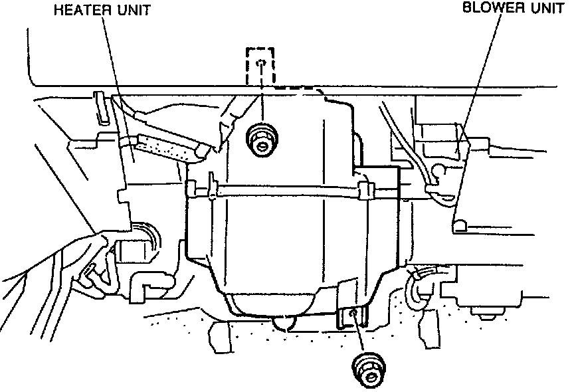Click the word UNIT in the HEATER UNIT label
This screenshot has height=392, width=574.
tap(132, 11)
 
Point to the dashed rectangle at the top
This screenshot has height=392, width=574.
tap(262, 66)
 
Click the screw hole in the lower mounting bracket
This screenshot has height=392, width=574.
tap(354, 313)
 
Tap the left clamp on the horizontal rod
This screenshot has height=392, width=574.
tap(212, 186)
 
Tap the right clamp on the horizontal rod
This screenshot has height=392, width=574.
tap(365, 189)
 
